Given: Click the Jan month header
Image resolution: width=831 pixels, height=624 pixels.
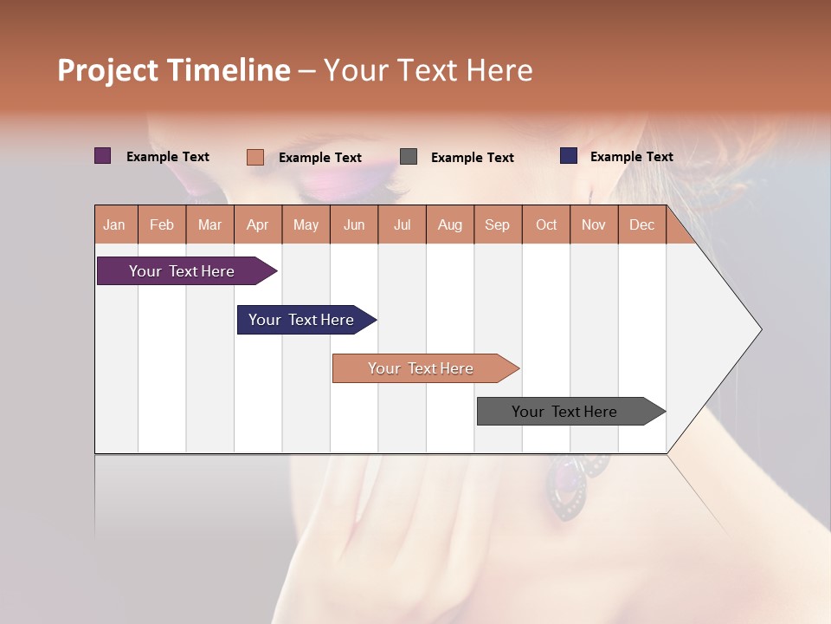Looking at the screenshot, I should pyautogui.click(x=114, y=224).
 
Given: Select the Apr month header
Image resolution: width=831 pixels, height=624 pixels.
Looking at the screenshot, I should pyautogui.click(x=258, y=224).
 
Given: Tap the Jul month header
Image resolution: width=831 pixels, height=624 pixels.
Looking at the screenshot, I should pyautogui.click(x=402, y=224).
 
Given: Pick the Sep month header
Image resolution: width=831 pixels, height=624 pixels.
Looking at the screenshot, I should pyautogui.click(x=497, y=224).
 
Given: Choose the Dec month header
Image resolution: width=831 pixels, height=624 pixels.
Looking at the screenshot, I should pyautogui.click(x=641, y=224).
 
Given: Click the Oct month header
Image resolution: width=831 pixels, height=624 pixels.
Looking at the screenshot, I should pyautogui.click(x=546, y=224).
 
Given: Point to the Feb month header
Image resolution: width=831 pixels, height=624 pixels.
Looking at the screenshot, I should pyautogui.click(x=162, y=224).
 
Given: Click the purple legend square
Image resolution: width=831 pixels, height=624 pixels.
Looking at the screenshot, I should pyautogui.click(x=103, y=156).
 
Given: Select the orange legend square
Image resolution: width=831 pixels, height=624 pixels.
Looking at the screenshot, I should pyautogui.click(x=255, y=157).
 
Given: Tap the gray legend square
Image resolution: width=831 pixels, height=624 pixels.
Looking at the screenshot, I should pyautogui.click(x=409, y=157).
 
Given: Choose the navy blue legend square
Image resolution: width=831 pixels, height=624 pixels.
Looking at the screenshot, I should pyautogui.click(x=569, y=156).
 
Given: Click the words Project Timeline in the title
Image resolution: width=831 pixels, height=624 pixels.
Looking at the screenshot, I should pyautogui.click(x=173, y=70).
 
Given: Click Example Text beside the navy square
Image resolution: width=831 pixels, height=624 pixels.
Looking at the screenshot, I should pyautogui.click(x=631, y=157).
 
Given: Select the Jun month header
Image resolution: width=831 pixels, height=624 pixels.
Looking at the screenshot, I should pyautogui.click(x=354, y=224).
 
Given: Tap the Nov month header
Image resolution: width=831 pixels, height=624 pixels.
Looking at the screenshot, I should pyautogui.click(x=594, y=224).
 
